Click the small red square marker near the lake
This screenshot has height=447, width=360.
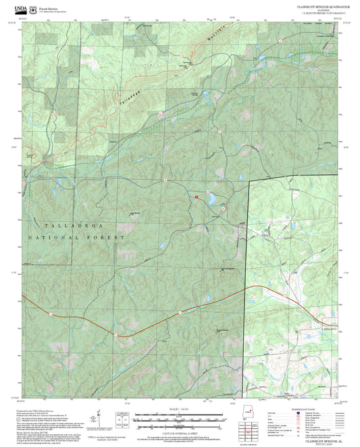point(197,196)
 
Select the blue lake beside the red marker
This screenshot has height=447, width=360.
point(211,199)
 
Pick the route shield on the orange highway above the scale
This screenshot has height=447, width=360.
point(180,312)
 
